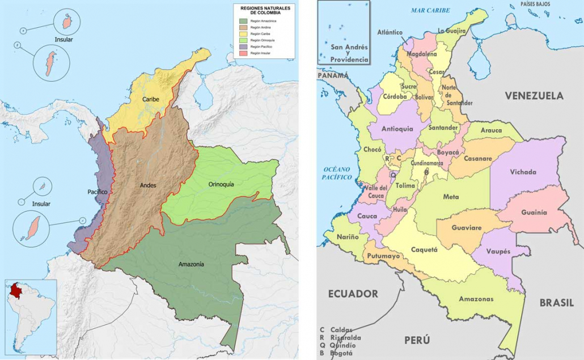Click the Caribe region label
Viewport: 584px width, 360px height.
151,99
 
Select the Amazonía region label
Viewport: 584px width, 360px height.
191,264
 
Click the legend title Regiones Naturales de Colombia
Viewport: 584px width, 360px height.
264,10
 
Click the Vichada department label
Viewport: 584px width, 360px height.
523,172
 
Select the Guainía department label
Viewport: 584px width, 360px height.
535,213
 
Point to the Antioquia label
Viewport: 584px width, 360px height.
397,129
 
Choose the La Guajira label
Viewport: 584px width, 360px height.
451,31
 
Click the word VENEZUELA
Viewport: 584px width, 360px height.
534,96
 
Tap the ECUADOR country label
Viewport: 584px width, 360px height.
353,294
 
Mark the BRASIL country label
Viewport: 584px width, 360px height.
556,303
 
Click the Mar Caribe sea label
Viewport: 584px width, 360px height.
430,10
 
